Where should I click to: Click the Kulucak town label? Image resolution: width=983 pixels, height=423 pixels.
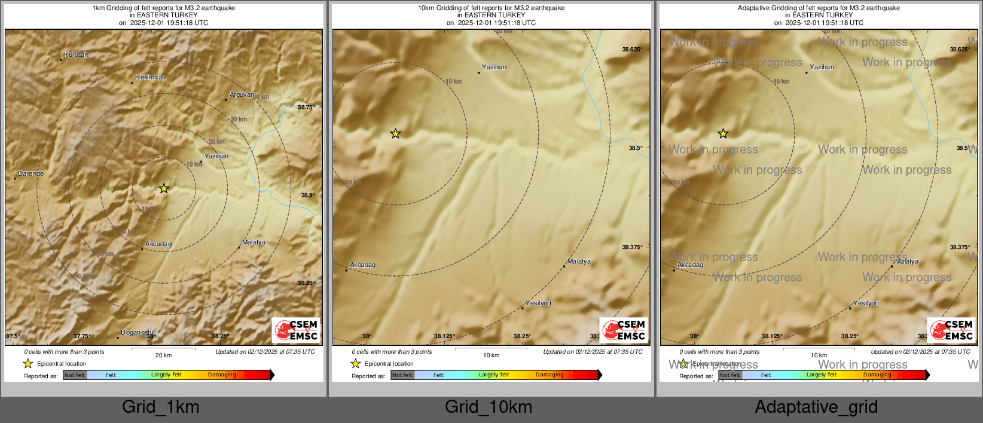(76, 54)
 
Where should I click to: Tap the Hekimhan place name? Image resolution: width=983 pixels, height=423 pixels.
(150, 77)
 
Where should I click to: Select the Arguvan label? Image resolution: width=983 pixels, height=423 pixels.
(242, 94)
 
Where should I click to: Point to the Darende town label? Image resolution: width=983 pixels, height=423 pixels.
(30, 173)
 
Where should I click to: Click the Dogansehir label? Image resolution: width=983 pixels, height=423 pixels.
(138, 332)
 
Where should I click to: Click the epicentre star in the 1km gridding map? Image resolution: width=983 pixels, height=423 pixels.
(164, 188)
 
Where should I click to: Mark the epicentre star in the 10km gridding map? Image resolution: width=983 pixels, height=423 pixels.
(395, 133)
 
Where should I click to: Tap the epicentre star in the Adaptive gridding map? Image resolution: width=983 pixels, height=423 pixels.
(723, 133)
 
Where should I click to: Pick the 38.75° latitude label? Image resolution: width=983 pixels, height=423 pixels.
(306, 107)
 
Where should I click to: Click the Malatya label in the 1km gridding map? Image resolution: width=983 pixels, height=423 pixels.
(254, 242)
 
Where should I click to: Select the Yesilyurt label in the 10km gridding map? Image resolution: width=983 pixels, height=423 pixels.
(538, 303)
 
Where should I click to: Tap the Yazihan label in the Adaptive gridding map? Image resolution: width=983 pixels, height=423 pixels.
(822, 67)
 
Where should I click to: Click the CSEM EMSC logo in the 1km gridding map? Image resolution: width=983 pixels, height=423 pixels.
(297, 330)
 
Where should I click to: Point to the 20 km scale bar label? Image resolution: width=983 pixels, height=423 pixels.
(163, 355)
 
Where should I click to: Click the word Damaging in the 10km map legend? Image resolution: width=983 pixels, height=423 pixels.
(549, 375)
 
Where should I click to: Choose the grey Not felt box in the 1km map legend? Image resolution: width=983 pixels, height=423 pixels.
(75, 375)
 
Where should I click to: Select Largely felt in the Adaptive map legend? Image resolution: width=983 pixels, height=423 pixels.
(822, 375)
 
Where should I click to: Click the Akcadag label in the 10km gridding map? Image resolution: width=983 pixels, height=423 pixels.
(362, 265)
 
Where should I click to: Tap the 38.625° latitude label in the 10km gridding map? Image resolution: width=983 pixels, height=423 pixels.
(632, 50)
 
